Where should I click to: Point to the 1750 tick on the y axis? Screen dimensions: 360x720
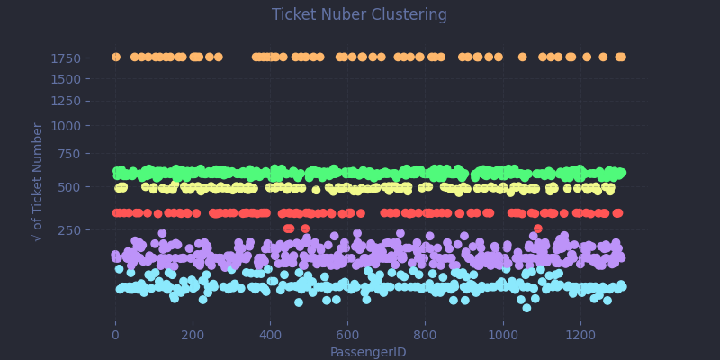(x=76, y=58)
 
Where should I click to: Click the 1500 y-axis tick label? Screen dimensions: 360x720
(x=76, y=78)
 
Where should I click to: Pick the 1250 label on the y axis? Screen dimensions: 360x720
(x=76, y=101)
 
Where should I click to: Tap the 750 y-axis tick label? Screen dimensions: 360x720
(x=79, y=154)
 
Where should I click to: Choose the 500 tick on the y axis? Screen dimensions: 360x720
(x=79, y=187)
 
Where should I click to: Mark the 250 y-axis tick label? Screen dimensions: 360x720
(x=79, y=229)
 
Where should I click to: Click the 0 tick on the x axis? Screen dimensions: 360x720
(x=115, y=335)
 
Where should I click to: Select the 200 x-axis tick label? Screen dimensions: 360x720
(x=193, y=335)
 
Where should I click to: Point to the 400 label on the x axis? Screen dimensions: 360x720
(x=270, y=335)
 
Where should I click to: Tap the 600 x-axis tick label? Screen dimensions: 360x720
(x=347, y=335)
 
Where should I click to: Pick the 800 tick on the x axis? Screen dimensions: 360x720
(x=425, y=335)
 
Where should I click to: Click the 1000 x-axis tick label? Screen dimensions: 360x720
(x=503, y=335)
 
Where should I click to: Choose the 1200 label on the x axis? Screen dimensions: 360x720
(x=580, y=335)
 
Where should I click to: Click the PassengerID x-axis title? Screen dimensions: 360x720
(x=367, y=352)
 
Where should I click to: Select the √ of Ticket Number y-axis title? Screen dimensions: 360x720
(x=38, y=182)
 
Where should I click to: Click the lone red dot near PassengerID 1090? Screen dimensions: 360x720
(x=537, y=229)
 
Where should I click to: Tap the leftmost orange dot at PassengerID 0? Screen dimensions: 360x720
(x=115, y=58)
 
